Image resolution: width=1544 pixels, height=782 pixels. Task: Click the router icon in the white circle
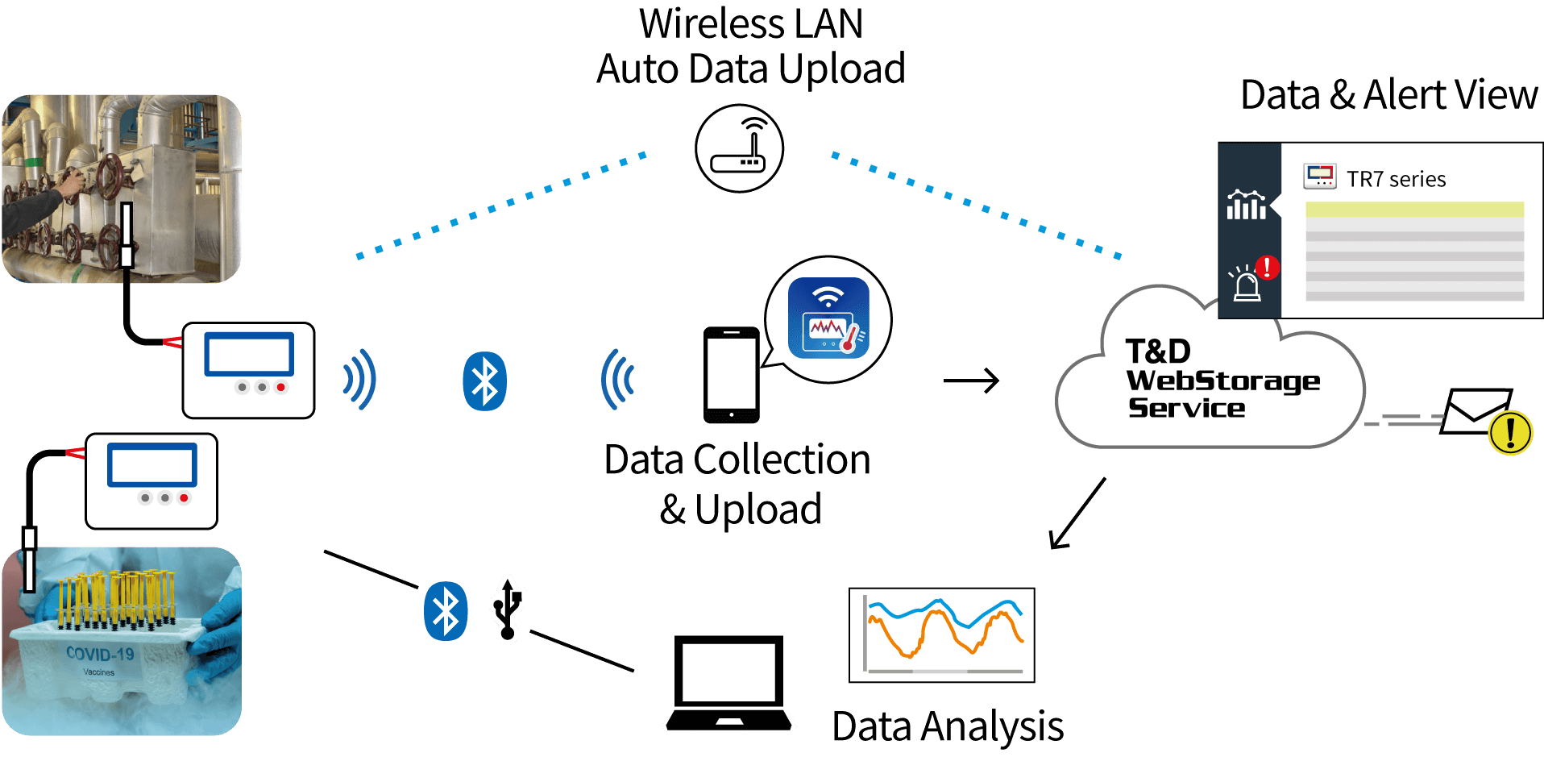[x=739, y=149]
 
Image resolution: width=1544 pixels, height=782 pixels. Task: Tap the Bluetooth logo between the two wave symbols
[x=484, y=381]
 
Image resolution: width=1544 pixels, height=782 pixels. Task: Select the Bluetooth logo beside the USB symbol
[x=446, y=611]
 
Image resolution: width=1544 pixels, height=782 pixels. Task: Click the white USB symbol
[x=508, y=609]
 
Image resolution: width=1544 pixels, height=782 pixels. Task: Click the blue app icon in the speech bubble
[x=828, y=318]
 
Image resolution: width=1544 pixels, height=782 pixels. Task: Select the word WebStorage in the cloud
[x=1222, y=381]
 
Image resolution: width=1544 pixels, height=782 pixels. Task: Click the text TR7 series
[x=1396, y=179]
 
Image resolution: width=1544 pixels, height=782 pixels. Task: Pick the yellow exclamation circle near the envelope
[x=1510, y=432]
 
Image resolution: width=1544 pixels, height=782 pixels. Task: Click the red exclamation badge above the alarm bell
[x=1268, y=267]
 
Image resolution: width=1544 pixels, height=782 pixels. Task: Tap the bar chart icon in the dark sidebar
[x=1246, y=206]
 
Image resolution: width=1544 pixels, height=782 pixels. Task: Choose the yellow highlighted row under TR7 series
[x=1414, y=210]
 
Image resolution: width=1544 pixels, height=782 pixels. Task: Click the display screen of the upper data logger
[x=248, y=354]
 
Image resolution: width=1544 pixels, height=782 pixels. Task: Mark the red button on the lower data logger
[x=184, y=497]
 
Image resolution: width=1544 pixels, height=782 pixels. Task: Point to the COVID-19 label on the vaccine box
[x=100, y=653]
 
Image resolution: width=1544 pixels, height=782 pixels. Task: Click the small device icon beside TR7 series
[x=1319, y=177]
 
